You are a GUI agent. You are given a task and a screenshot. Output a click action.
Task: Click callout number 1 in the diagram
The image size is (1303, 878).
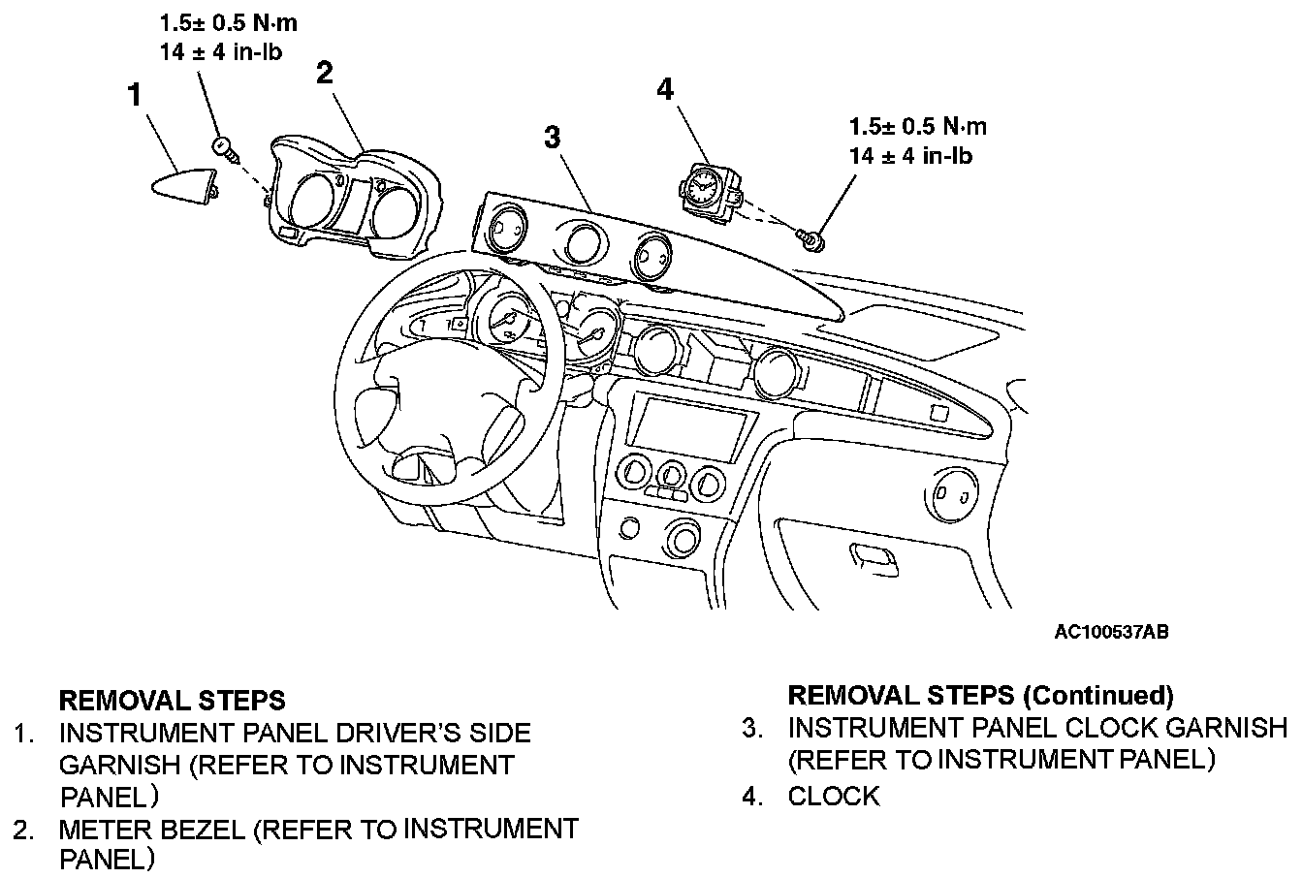pyautogui.click(x=135, y=95)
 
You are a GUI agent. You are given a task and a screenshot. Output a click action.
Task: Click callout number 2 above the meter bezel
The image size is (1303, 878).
pyautogui.click(x=325, y=74)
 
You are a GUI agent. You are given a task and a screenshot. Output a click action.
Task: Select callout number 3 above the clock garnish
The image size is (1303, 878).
pyautogui.click(x=552, y=137)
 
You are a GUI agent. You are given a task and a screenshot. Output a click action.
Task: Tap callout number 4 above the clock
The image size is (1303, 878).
pyautogui.click(x=664, y=89)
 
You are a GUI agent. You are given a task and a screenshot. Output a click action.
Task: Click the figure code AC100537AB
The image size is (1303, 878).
pyautogui.click(x=1111, y=633)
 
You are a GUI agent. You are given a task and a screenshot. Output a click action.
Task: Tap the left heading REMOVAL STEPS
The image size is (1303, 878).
pyautogui.click(x=173, y=700)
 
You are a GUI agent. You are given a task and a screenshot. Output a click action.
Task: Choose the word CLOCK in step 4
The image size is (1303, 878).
pyautogui.click(x=834, y=797)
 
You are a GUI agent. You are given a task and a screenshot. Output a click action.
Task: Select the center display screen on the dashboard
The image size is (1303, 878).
pyautogui.click(x=692, y=426)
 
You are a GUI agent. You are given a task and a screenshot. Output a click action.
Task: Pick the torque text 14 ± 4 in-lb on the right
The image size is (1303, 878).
pyautogui.click(x=910, y=154)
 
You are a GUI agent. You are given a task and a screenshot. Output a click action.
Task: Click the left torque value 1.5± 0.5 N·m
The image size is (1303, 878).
pyautogui.click(x=228, y=23)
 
